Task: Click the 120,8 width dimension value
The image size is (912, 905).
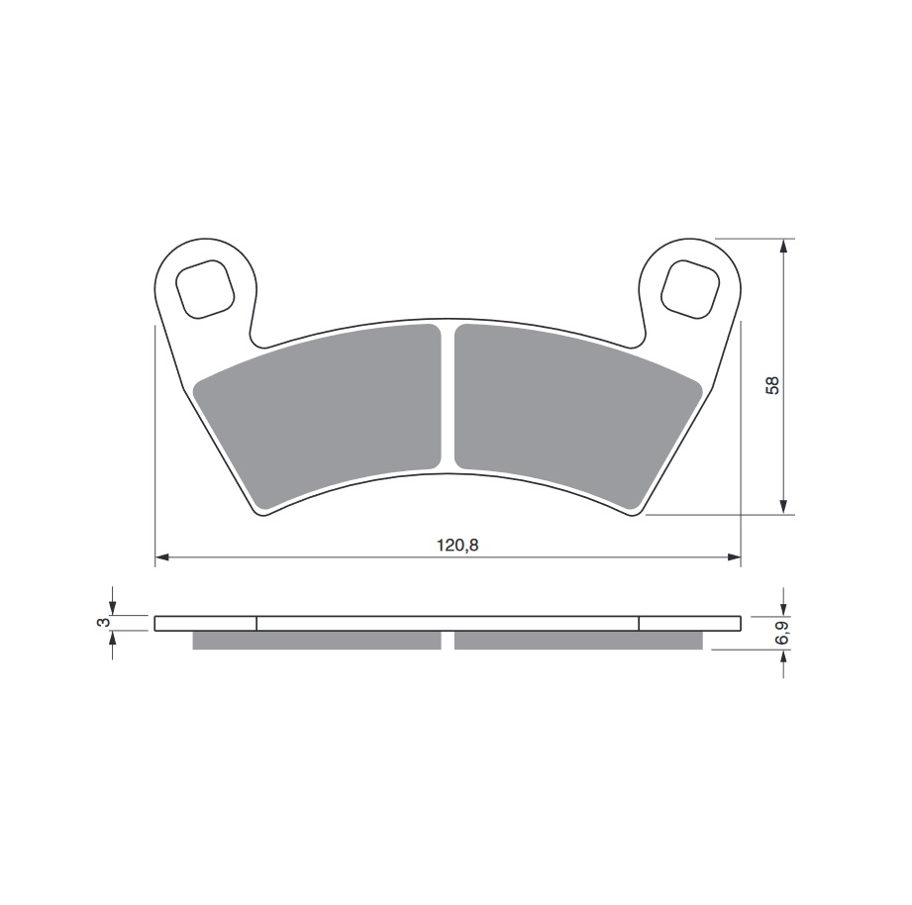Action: pyautogui.click(x=457, y=545)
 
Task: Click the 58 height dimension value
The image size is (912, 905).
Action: pyautogui.click(x=772, y=385)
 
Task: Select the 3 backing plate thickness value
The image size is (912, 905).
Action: pyautogui.click(x=104, y=623)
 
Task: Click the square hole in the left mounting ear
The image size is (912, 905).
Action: pyautogui.click(x=205, y=289)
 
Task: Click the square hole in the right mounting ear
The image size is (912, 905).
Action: pyautogui.click(x=690, y=289)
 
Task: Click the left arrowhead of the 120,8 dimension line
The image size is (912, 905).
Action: pyautogui.click(x=161, y=557)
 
